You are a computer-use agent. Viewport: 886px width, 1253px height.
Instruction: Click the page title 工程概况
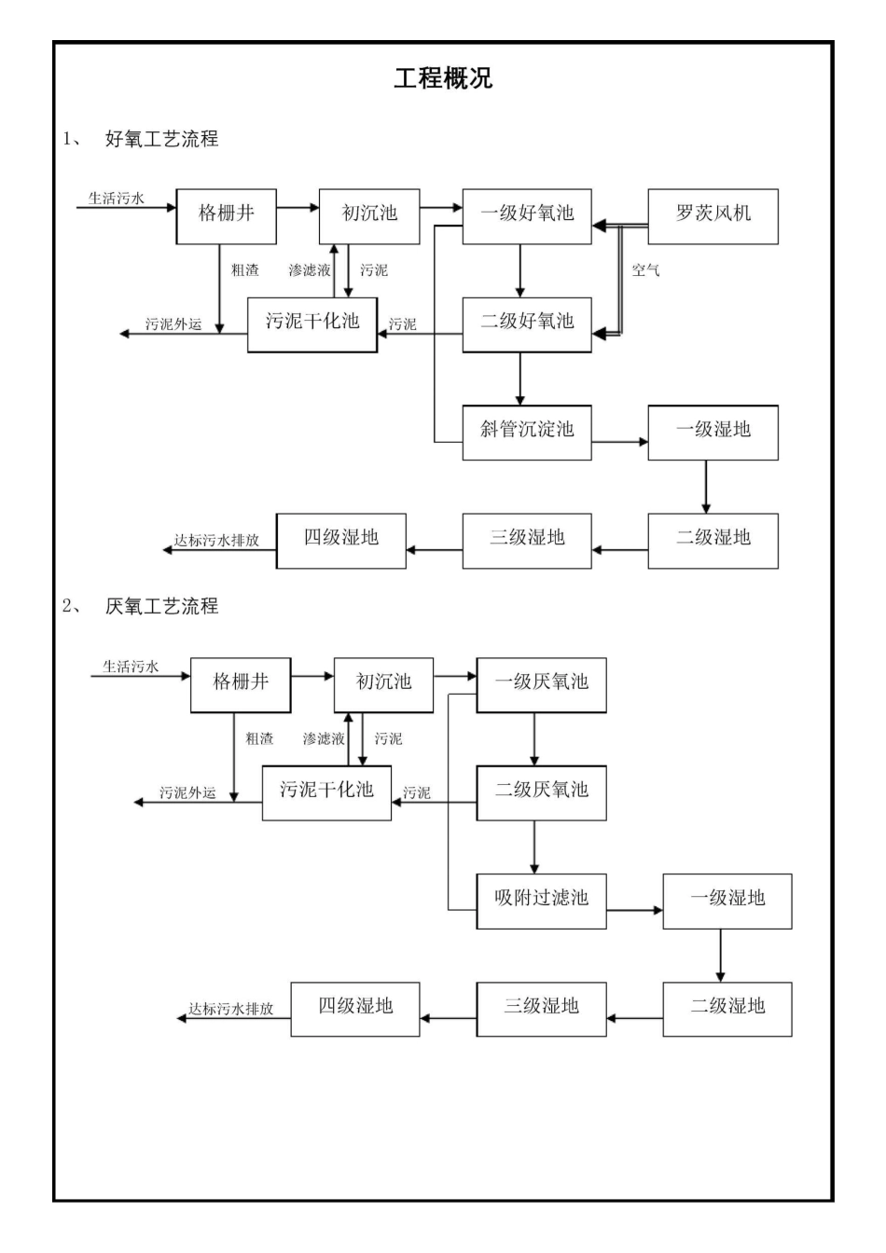point(442,78)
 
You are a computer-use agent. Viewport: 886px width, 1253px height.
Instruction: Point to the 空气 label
point(645,270)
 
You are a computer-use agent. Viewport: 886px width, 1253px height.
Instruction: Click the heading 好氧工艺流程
point(162,139)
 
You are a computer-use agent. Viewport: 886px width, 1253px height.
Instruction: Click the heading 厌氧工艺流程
point(162,607)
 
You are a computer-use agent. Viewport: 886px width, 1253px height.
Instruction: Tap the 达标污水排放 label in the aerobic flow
point(216,541)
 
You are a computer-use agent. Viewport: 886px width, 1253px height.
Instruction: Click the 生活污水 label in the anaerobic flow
point(131,667)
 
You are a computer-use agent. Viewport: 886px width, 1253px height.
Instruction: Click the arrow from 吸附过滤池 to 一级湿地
point(634,909)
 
